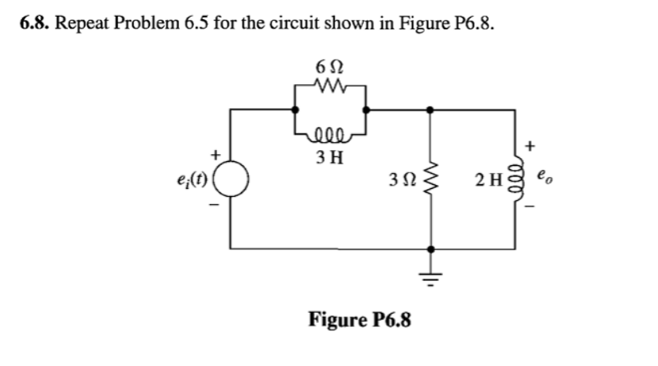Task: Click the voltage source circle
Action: coord(231,177)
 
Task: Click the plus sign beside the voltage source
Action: coord(213,150)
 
